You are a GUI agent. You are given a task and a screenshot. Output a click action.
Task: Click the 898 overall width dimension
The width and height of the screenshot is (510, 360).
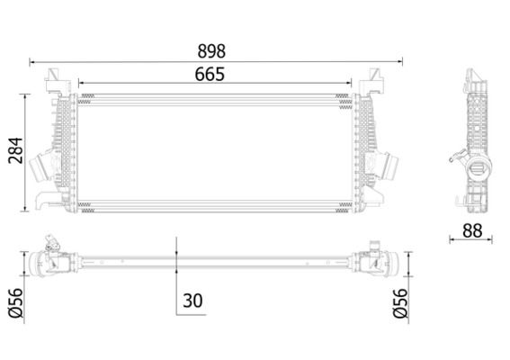[211, 51]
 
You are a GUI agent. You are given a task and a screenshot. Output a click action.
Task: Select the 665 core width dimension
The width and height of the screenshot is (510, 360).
[210, 74]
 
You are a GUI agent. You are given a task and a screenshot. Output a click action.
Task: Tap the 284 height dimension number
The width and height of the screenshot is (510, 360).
[16, 150]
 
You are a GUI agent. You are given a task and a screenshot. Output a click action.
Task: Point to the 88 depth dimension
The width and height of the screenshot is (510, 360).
[472, 230]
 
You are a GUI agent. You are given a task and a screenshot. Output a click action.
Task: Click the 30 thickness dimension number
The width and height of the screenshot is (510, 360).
[192, 301]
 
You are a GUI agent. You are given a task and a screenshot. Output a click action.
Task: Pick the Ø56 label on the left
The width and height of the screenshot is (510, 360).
[16, 302]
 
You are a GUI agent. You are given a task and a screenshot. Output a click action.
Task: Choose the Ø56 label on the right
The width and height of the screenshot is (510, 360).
[400, 302]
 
